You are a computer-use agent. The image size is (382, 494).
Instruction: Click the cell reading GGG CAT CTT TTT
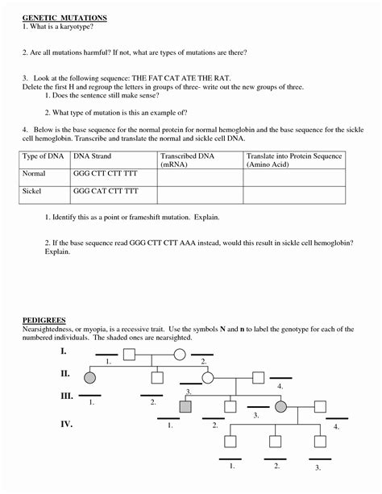[x=105, y=193]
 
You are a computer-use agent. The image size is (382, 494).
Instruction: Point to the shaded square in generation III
[x=185, y=407]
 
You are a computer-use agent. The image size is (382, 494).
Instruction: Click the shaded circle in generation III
[x=281, y=407]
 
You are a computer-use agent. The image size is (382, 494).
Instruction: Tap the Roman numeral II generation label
[x=64, y=374]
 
